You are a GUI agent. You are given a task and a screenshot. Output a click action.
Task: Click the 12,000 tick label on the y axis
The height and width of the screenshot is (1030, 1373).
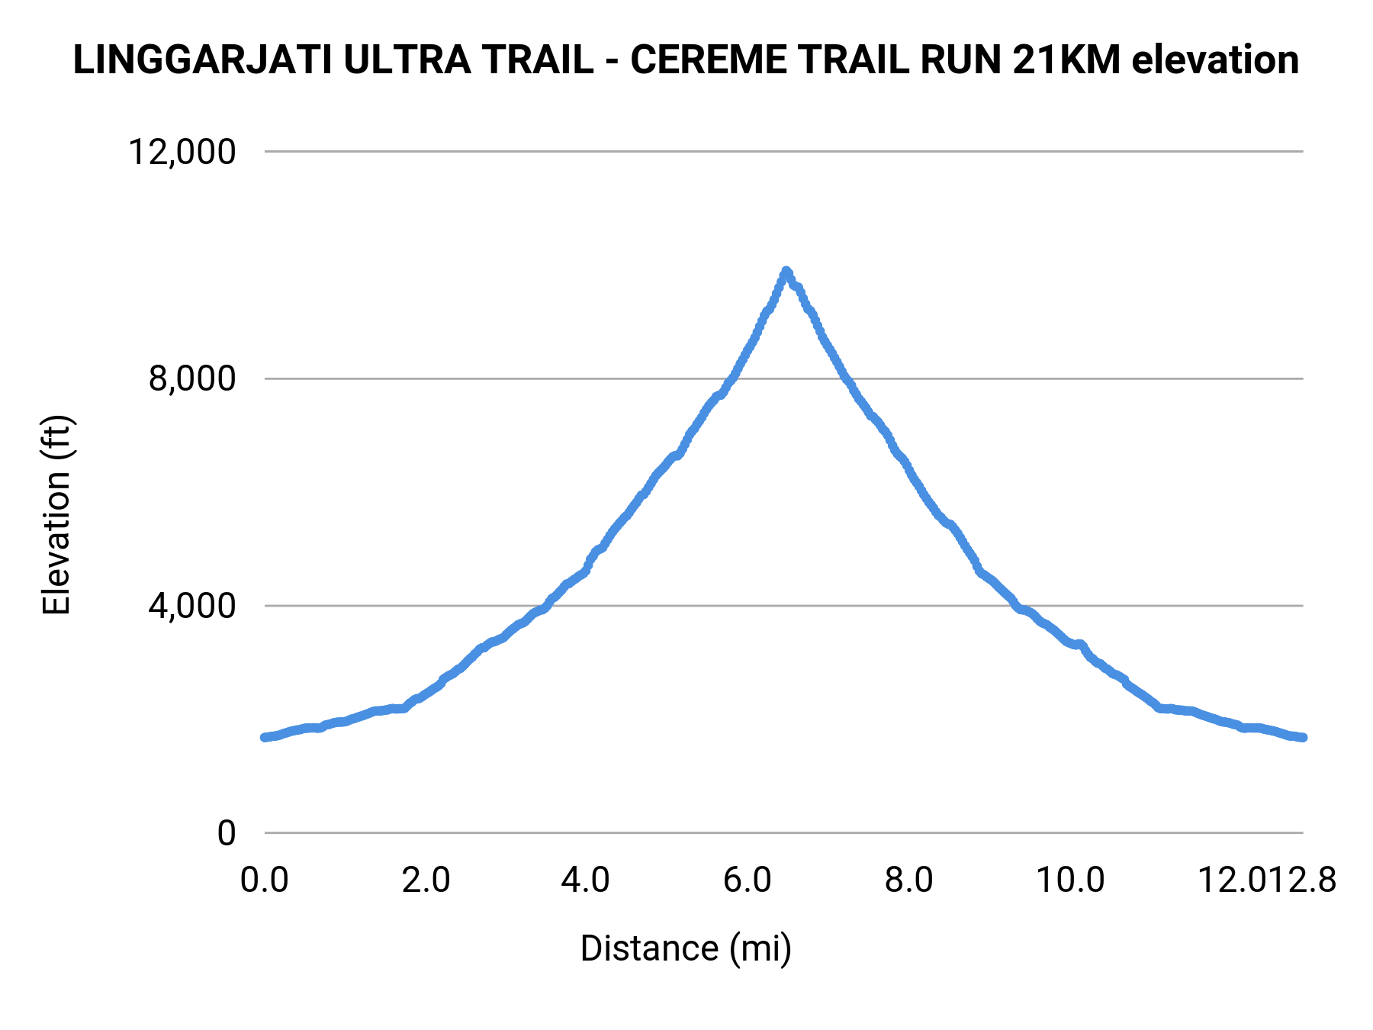[182, 152]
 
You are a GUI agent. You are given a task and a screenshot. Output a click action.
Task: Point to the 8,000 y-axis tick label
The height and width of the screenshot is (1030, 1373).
[192, 378]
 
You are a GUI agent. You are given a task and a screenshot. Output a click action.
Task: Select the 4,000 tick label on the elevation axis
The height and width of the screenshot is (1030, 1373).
[192, 606]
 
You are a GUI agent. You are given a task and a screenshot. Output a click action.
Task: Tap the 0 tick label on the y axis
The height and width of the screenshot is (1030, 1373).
[226, 833]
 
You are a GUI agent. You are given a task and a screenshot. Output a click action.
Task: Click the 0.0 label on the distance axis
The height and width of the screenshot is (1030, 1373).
[265, 880]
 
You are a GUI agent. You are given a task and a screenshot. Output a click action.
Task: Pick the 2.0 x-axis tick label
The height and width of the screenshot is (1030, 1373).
[426, 880]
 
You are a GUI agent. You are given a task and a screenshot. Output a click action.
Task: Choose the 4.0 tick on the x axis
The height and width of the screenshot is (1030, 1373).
[585, 880]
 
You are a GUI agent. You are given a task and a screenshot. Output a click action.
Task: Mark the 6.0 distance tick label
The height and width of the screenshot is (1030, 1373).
[748, 880]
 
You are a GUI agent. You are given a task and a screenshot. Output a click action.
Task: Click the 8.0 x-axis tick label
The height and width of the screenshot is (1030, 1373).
[909, 880]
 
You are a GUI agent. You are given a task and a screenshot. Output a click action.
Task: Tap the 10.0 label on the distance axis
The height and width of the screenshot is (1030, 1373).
[1070, 880]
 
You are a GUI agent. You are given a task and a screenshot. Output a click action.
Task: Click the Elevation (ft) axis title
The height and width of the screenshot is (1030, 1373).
[56, 515]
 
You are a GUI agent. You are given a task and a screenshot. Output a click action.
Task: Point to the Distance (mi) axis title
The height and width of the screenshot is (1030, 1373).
[686, 948]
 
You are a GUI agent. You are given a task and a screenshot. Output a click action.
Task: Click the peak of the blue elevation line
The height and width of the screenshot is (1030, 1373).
[786, 272]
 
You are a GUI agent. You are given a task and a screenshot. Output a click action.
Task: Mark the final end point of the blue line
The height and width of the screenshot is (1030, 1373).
[1303, 737]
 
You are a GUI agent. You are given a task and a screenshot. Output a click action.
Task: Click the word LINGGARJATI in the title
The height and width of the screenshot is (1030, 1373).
[203, 60]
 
